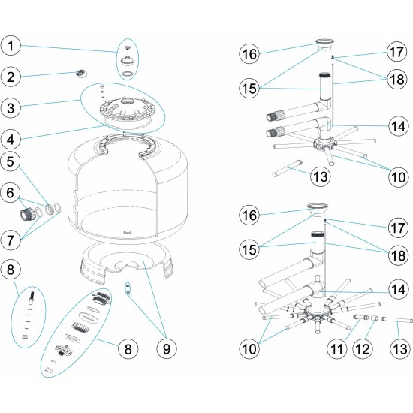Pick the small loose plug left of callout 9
[x=128, y=287]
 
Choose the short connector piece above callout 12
[x=370, y=321]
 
